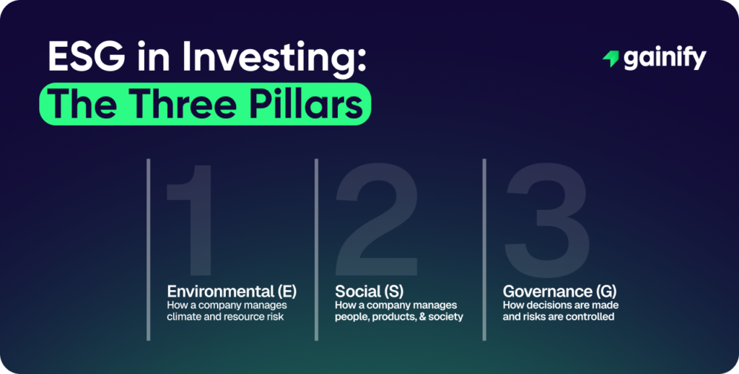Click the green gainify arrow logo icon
click(x=611, y=59)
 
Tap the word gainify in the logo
click(x=664, y=59)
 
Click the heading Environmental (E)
click(x=232, y=292)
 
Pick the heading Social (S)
click(x=369, y=292)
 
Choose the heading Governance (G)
click(x=558, y=292)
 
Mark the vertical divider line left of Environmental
click(x=148, y=249)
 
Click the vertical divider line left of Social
click(x=316, y=249)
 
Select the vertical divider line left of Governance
click(x=484, y=249)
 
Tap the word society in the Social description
click(x=445, y=317)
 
